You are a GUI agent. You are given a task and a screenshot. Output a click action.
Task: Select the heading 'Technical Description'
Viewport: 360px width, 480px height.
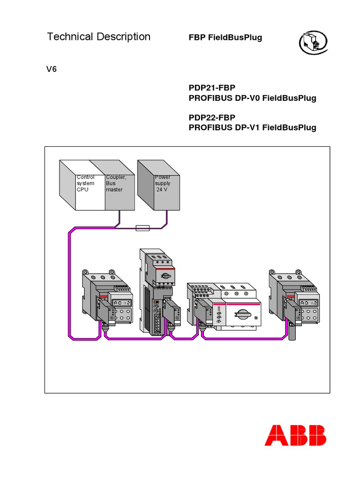(99, 37)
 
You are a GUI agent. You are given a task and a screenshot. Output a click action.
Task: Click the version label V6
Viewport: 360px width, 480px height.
(51, 69)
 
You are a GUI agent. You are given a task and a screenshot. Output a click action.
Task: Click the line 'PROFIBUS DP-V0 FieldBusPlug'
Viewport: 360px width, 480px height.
(252, 98)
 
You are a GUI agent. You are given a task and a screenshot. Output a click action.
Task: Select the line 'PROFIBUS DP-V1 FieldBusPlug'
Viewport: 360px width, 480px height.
(252, 127)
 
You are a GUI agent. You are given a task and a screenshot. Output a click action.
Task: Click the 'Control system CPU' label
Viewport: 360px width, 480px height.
(85, 183)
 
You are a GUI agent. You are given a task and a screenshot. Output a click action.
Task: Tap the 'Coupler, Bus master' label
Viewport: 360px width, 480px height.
(115, 183)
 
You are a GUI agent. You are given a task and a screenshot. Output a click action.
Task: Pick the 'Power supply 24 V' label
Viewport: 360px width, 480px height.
(163, 183)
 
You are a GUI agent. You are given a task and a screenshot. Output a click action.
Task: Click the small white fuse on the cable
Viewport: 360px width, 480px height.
(142, 228)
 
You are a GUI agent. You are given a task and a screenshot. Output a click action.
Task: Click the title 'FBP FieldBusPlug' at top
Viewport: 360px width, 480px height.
(225, 37)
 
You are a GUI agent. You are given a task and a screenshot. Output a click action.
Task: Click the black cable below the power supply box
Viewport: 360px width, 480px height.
(165, 220)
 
